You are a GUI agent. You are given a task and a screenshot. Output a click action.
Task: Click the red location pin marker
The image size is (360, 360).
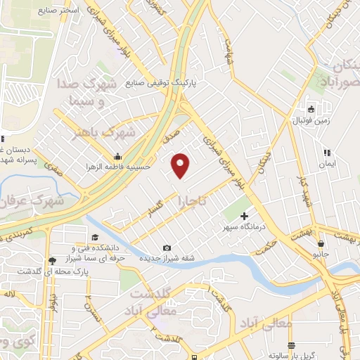[181, 165]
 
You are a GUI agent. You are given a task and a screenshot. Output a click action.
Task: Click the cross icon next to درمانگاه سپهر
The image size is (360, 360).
[245, 215]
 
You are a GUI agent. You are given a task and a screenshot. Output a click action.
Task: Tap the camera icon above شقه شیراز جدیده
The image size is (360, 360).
[167, 247]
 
